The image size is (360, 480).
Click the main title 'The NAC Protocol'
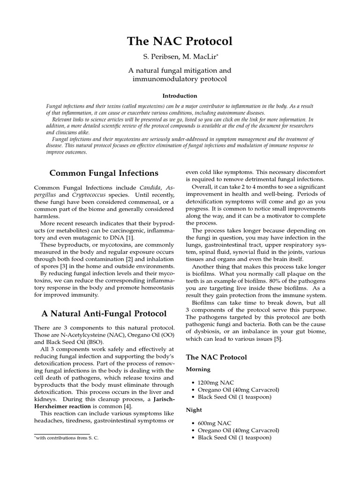coord(180,41)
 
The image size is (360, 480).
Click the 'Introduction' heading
coord(180,96)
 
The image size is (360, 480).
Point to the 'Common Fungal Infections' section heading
coord(105,173)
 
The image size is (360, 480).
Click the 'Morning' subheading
coord(199,369)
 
